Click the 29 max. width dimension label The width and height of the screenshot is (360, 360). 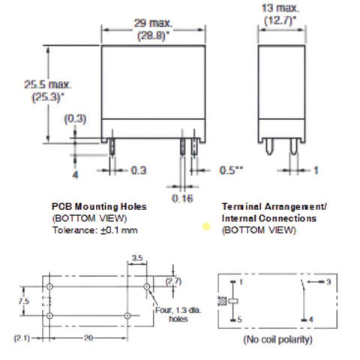[153, 23]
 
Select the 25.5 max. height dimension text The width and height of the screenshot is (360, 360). [47, 85]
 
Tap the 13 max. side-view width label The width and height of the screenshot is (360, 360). [280, 8]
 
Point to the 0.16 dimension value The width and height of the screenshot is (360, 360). [182, 199]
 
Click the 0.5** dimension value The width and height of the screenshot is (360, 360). [231, 170]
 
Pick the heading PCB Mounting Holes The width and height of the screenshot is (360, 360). [99, 206]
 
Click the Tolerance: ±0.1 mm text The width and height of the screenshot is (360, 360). [95, 230]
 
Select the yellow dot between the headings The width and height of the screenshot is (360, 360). [206, 226]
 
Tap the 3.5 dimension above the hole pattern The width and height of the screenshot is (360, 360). [137, 258]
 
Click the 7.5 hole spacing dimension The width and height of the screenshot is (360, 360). [24, 301]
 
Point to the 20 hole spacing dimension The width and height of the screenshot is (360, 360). [88, 338]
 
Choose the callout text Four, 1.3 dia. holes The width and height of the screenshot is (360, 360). [178, 314]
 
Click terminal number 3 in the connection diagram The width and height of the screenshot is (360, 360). [328, 282]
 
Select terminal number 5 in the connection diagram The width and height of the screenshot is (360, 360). [239, 319]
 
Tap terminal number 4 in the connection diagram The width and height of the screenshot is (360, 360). [310, 319]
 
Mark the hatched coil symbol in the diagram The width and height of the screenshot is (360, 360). [222, 301]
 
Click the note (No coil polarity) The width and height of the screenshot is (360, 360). [278, 340]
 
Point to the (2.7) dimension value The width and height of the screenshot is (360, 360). [173, 281]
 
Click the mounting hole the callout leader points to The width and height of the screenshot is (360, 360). [147, 286]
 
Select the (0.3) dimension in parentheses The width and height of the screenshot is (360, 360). [75, 118]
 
